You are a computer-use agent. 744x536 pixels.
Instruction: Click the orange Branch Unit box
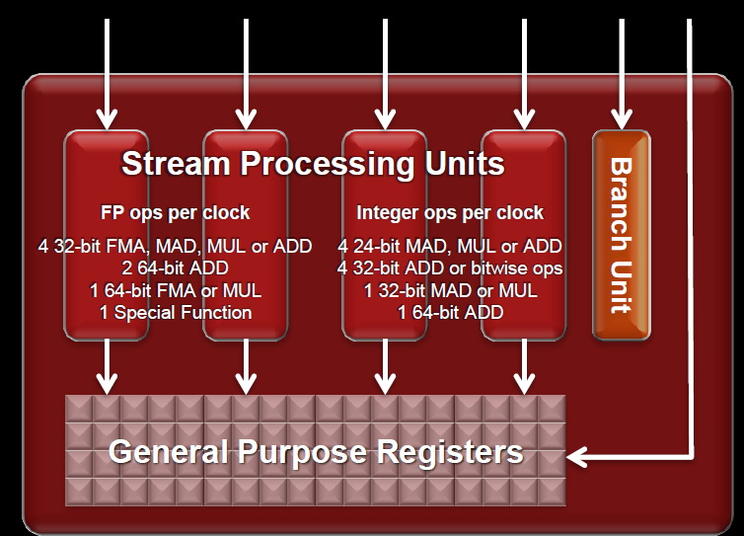click(622, 235)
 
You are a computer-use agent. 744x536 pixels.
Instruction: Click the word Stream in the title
click(176, 164)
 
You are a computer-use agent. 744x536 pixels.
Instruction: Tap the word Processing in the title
click(328, 165)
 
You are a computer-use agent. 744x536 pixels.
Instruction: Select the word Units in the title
click(465, 164)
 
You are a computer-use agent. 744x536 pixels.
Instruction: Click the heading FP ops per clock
click(175, 212)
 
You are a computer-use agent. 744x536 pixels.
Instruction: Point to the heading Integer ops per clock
click(450, 212)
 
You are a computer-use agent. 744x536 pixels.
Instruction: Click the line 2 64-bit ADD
click(175, 268)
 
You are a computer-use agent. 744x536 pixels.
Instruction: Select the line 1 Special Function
click(176, 313)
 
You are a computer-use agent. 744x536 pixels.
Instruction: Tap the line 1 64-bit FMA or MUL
click(176, 290)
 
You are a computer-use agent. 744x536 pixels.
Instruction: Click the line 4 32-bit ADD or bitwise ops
click(450, 268)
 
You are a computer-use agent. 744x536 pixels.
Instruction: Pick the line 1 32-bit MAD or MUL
click(450, 290)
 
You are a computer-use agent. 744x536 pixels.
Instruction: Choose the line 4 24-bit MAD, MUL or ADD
click(450, 247)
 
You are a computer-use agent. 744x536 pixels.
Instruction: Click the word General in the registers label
click(169, 451)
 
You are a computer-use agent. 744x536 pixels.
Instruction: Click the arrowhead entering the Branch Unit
click(622, 119)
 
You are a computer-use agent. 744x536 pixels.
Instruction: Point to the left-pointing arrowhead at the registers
click(576, 457)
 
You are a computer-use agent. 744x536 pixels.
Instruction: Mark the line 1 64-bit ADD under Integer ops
click(450, 313)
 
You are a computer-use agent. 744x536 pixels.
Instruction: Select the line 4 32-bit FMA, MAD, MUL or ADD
click(175, 247)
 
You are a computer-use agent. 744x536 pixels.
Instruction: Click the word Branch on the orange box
click(621, 204)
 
